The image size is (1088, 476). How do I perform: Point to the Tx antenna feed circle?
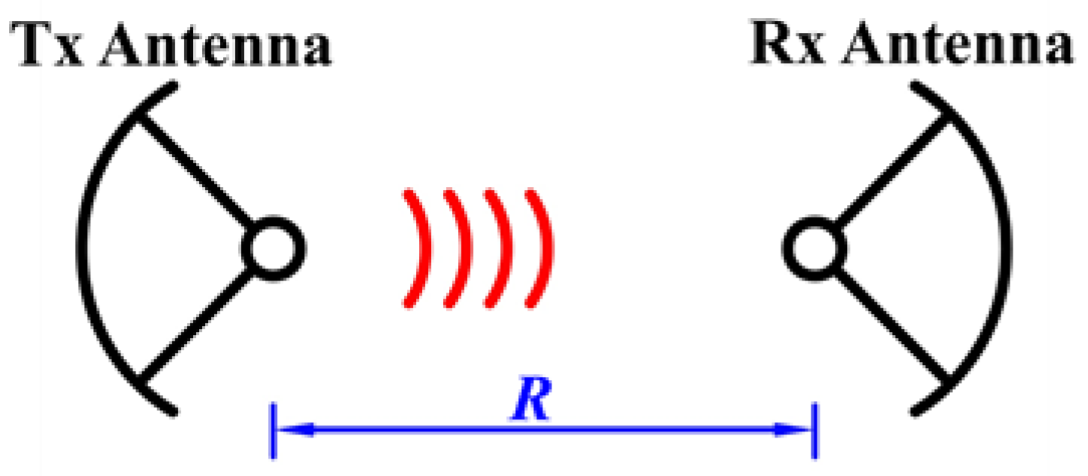275,248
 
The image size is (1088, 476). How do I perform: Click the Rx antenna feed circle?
811,248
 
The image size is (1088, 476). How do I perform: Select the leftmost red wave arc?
413,248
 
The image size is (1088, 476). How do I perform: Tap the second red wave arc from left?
457,248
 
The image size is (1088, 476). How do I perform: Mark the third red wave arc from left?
501,248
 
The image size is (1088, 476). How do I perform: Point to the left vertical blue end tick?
275,431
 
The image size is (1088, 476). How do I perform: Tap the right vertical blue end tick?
814,431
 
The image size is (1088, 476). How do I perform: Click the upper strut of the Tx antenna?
194,170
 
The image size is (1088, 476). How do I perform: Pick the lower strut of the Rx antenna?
891,324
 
